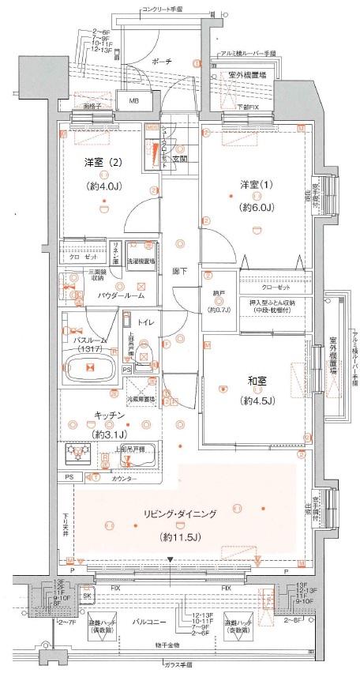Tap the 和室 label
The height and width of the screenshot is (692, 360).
click(252, 385)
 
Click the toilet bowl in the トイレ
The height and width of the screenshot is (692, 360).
click(144, 353)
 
